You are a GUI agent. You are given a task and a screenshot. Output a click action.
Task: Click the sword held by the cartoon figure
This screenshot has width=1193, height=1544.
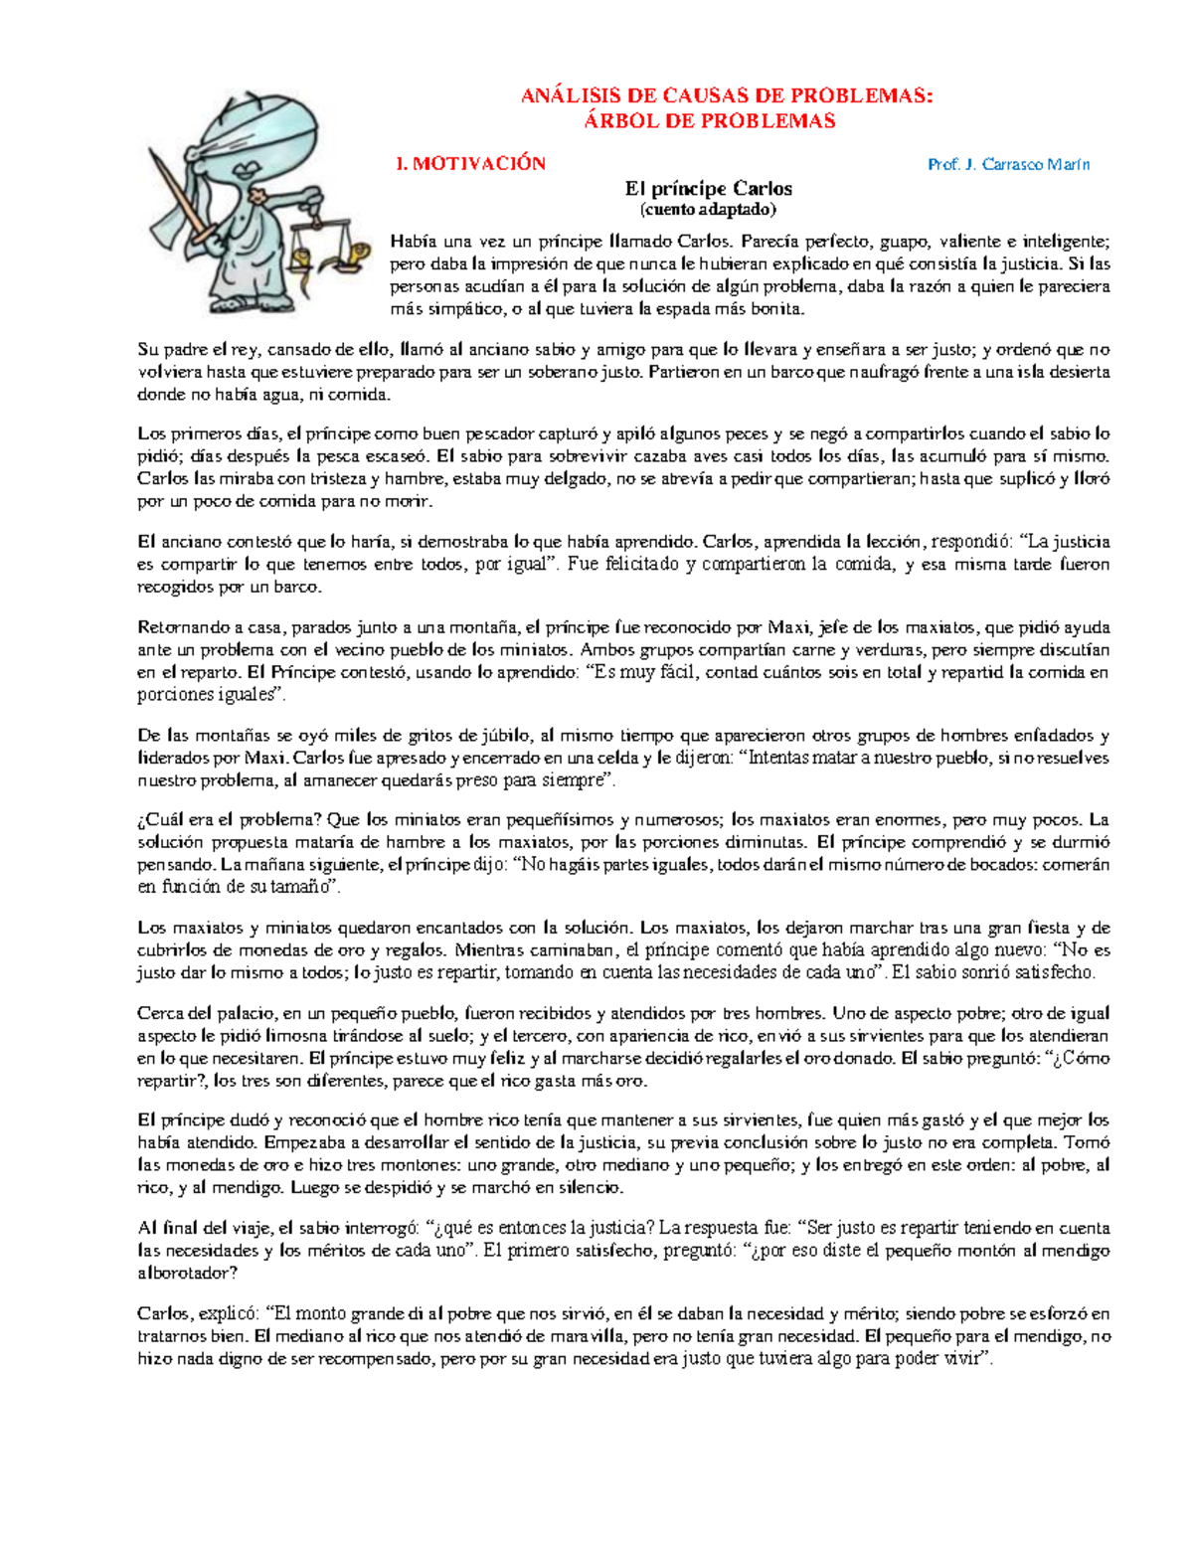(x=179, y=199)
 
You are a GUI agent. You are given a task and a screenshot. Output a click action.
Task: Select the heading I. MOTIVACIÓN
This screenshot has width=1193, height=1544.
(x=470, y=164)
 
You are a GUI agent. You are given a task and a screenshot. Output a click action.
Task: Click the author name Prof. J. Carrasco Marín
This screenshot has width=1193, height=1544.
(x=1008, y=164)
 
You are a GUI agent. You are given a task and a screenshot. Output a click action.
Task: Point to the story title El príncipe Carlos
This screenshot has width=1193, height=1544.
(x=708, y=188)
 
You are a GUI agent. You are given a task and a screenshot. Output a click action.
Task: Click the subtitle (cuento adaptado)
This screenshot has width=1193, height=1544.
(x=708, y=209)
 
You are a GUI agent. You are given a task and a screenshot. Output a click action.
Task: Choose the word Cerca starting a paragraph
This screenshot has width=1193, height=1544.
(x=159, y=1014)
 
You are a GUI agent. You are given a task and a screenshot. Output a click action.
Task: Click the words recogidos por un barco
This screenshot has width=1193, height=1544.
(x=229, y=587)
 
